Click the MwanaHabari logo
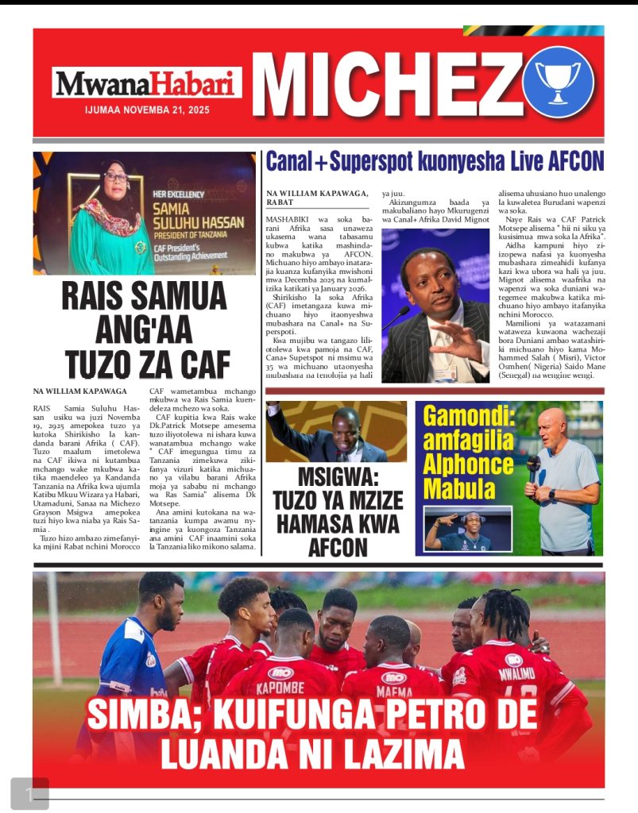[x=147, y=83]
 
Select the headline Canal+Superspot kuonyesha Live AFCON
[x=434, y=161]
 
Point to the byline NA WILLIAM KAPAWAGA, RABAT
[x=317, y=198]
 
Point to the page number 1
[x=29, y=793]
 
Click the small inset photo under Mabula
[x=458, y=529]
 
